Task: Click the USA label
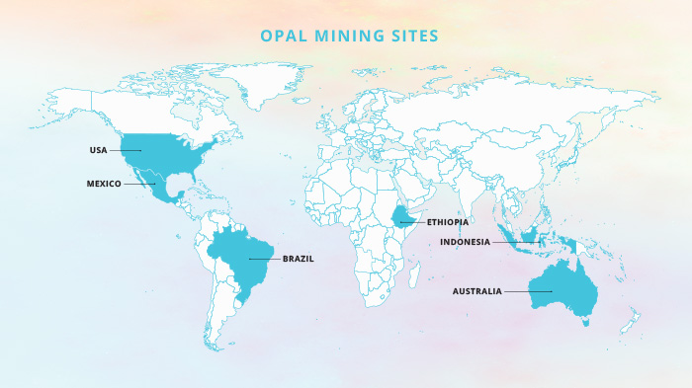pyautogui.click(x=98, y=150)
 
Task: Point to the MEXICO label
pyautogui.click(x=103, y=184)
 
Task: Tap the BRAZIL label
pyautogui.click(x=298, y=259)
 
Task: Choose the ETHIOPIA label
pyautogui.click(x=448, y=222)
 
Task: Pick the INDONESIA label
pyautogui.click(x=465, y=242)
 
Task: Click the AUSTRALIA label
pyautogui.click(x=477, y=291)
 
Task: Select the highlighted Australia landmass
pyautogui.click(x=563, y=287)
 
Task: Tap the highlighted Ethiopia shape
pyautogui.click(x=406, y=217)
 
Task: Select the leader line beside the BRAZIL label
pyautogui.click(x=264, y=259)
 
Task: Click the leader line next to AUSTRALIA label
pyautogui.click(x=518, y=291)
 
